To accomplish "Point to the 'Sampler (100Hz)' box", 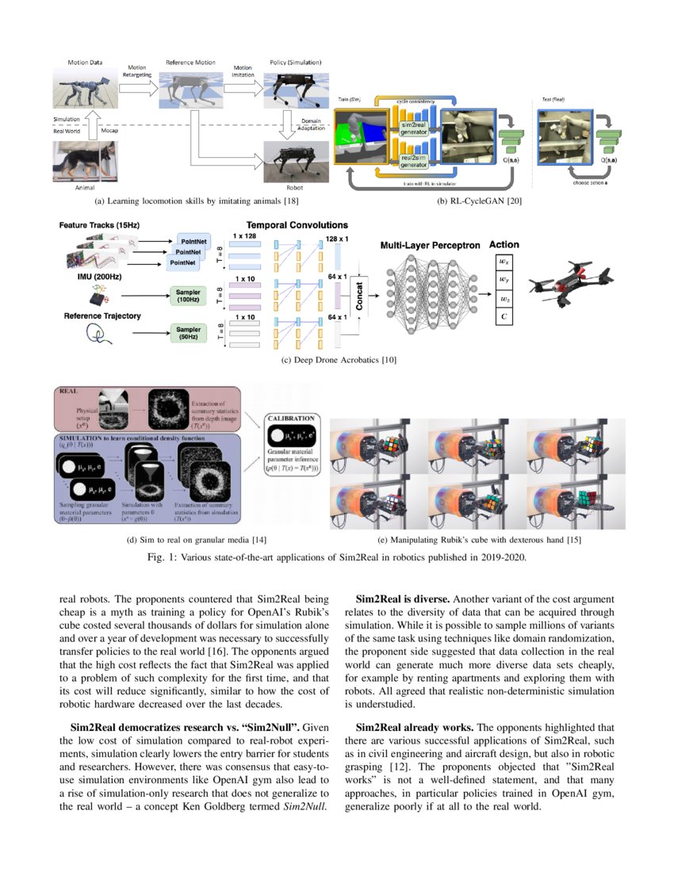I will tap(187, 296).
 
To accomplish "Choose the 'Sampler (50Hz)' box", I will tap(187, 332).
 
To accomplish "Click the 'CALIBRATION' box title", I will tap(295, 418).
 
